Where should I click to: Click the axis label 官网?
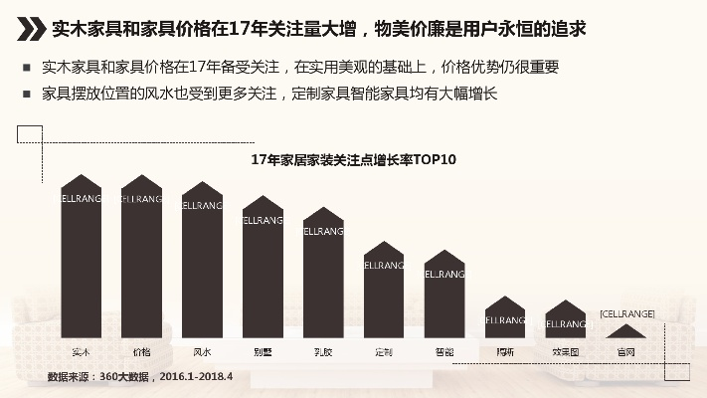point(626,351)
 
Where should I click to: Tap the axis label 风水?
point(202,351)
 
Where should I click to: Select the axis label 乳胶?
point(323,351)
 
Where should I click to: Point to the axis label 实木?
point(82,351)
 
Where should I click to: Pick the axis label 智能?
point(444,351)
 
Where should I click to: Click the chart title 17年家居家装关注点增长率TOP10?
point(353,159)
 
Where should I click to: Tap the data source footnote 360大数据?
point(140,377)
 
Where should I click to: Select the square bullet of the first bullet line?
point(25,69)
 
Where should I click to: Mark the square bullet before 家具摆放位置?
point(25,95)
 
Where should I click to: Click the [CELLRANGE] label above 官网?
point(626,314)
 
